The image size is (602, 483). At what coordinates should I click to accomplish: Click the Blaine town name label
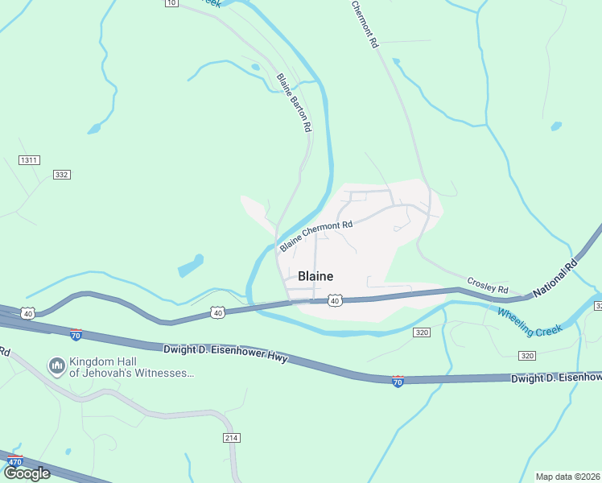coord(315,276)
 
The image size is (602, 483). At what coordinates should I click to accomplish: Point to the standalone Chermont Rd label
coord(363,24)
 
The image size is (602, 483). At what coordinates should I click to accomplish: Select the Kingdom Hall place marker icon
coord(56,367)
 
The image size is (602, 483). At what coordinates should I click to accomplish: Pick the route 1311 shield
coord(30,160)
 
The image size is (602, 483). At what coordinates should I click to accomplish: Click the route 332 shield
coord(62,175)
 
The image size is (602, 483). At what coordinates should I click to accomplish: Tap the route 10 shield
coord(171,3)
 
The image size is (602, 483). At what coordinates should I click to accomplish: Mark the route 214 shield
coord(232,437)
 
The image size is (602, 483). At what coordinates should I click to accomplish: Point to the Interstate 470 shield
coord(14,462)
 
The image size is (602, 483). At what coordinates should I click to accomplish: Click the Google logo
coord(26,473)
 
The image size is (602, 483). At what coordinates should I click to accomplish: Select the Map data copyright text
coord(568,476)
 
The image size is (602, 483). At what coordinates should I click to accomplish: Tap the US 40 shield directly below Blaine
coord(336,300)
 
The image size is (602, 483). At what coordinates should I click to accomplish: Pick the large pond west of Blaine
coord(190,266)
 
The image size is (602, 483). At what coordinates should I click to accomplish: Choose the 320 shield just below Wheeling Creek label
coord(527,355)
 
